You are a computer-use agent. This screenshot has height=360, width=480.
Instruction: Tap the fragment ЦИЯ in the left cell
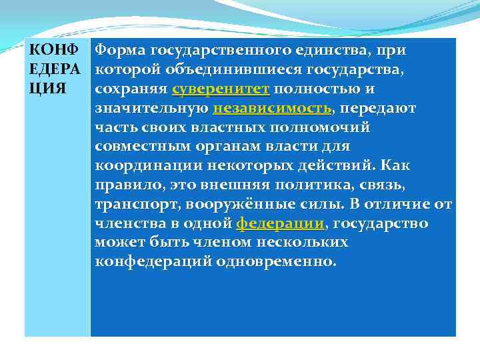(46, 89)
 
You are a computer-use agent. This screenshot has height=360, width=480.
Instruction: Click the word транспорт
(133, 204)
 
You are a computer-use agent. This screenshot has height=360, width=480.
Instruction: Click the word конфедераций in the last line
(153, 261)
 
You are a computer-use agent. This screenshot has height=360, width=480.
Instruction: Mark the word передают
(379, 108)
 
